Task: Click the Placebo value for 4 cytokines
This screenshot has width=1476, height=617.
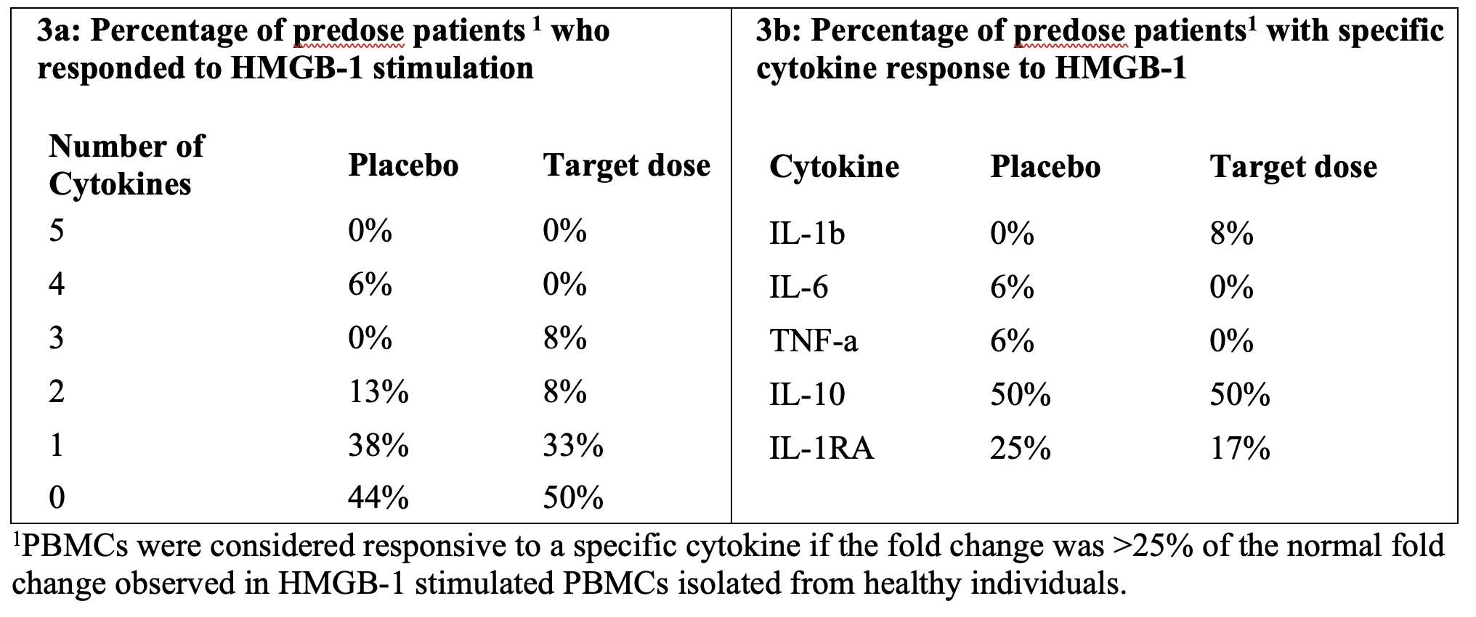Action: pyautogui.click(x=370, y=284)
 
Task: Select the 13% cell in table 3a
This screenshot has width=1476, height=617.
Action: pyautogui.click(x=378, y=391)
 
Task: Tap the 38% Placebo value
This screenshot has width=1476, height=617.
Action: pyautogui.click(x=378, y=444)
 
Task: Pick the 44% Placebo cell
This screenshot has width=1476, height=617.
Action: pyautogui.click(x=378, y=498)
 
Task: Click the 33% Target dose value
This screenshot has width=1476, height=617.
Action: pyautogui.click(x=573, y=444)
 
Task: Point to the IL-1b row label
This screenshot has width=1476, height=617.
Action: pyautogui.click(x=807, y=234)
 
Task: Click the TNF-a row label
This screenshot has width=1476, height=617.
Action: pyautogui.click(x=814, y=340)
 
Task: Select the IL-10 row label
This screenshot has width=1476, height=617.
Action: pyautogui.click(x=807, y=394)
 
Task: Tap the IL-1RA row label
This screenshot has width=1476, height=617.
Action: pyautogui.click(x=822, y=448)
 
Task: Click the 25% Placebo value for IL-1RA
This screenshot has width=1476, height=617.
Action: pyautogui.click(x=1021, y=448)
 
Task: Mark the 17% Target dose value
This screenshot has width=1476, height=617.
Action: pyautogui.click(x=1240, y=448)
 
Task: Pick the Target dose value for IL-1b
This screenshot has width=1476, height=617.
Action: pyautogui.click(x=1231, y=234)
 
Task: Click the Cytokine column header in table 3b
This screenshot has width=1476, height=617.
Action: pyautogui.click(x=834, y=167)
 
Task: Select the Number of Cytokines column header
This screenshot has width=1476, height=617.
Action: pyautogui.click(x=126, y=165)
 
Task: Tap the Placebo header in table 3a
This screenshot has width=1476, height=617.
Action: pyautogui.click(x=403, y=165)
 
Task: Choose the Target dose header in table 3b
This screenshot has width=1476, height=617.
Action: pyautogui.click(x=1294, y=167)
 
